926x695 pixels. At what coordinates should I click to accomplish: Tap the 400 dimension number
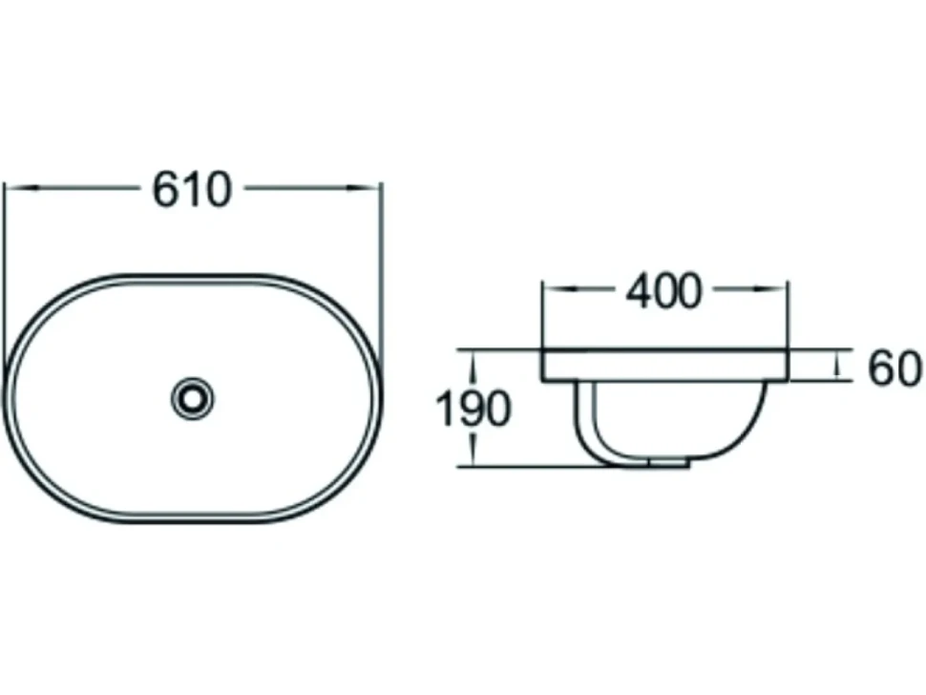tap(663, 291)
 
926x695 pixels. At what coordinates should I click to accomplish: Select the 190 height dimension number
tap(473, 410)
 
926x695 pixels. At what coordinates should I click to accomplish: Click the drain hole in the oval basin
tap(192, 399)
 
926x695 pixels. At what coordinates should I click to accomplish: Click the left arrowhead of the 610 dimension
tap(23, 188)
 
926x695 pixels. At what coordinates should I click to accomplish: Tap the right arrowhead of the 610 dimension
tap(363, 188)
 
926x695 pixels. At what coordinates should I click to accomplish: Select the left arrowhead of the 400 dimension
tap(558, 289)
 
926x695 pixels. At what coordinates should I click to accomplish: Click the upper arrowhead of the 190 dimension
tap(473, 365)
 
